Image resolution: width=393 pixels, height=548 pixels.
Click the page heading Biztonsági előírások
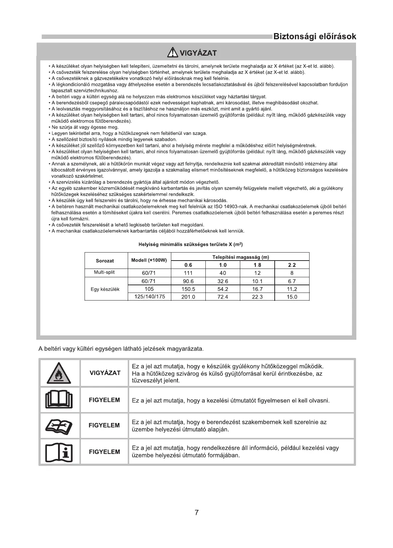click(x=314, y=36)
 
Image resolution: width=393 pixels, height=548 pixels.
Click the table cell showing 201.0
click(x=188, y=297)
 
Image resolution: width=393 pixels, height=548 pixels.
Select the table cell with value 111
click(x=188, y=273)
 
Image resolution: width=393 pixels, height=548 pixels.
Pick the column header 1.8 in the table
click(x=257, y=265)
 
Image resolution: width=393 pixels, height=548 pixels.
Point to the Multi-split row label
click(x=105, y=272)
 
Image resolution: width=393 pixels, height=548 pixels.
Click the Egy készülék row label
click(x=105, y=289)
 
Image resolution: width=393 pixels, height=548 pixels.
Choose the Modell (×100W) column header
click(x=149, y=260)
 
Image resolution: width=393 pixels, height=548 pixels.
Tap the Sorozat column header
click(x=105, y=261)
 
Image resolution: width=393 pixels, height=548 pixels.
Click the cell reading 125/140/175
click(x=150, y=297)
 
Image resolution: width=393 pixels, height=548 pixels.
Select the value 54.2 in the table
click(x=223, y=289)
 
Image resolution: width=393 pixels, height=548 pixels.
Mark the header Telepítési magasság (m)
click(x=240, y=257)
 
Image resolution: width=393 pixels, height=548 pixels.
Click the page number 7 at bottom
click(x=196, y=513)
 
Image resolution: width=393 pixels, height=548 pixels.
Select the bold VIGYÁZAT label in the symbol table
click(x=105, y=373)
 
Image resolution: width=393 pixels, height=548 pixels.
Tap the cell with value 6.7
click(x=292, y=281)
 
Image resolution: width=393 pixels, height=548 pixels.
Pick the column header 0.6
click(x=188, y=265)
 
